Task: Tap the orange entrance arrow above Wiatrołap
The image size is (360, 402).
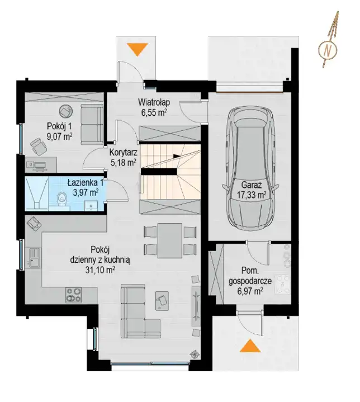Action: [138, 49]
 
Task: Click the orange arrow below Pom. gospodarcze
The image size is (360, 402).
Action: [250, 346]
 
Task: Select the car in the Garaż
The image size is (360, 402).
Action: [250, 167]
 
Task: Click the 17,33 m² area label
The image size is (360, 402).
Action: [251, 195]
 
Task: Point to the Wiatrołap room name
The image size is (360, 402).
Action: [154, 102]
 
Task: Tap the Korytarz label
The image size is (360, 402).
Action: [124, 153]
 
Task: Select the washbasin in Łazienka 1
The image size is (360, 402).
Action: [90, 206]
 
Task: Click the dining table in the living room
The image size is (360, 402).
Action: [170, 240]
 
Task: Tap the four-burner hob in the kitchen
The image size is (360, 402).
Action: [74, 295]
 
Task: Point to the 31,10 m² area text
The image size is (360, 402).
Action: [100, 270]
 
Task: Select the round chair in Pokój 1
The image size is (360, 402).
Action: [65, 111]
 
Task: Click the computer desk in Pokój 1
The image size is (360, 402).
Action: [41, 164]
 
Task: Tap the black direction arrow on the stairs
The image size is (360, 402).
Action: [177, 155]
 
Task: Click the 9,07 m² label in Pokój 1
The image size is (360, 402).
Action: [59, 136]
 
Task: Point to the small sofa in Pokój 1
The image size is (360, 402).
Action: [92, 124]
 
